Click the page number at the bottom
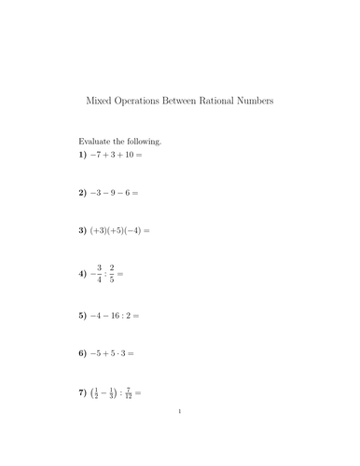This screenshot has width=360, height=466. point(180,435)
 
